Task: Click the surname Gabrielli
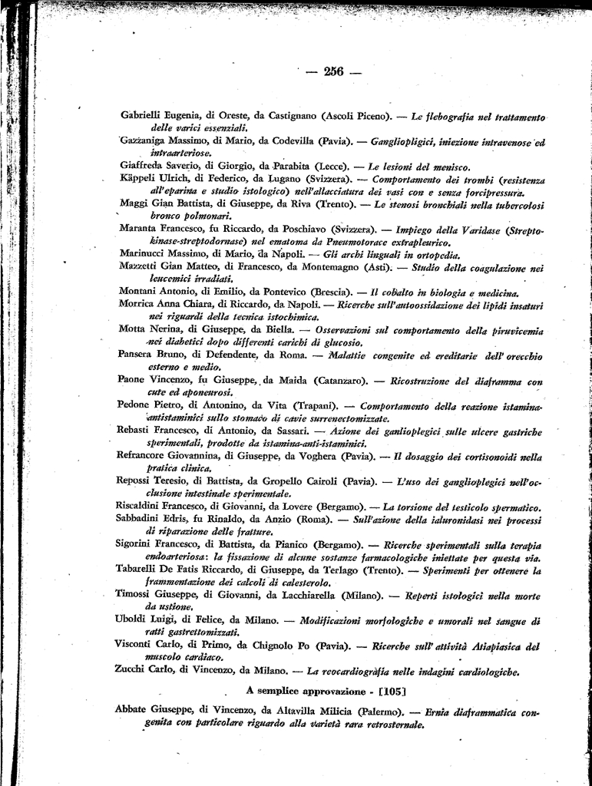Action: tap(145, 115)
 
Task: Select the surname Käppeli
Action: tap(138, 178)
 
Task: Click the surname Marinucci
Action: tap(144, 253)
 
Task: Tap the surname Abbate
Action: tap(135, 710)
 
